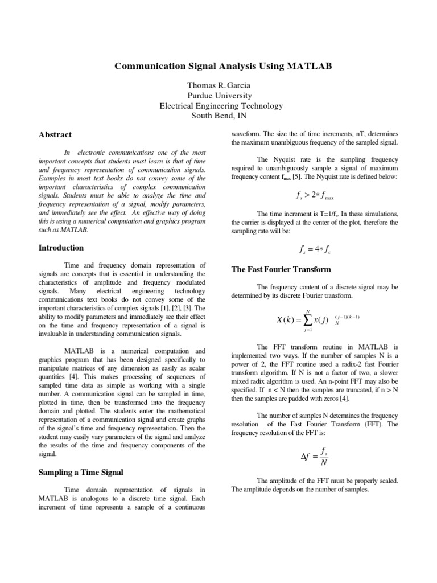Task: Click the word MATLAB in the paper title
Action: tap(308, 67)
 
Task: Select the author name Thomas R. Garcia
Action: tap(219, 85)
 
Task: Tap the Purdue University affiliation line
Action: tap(219, 96)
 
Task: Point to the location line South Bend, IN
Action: tap(219, 116)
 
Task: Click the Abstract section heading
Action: tap(55, 135)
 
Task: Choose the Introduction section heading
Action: tap(60, 248)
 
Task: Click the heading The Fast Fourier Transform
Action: tap(281, 269)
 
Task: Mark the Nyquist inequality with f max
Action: tap(315, 195)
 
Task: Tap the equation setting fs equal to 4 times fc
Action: tap(315, 248)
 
